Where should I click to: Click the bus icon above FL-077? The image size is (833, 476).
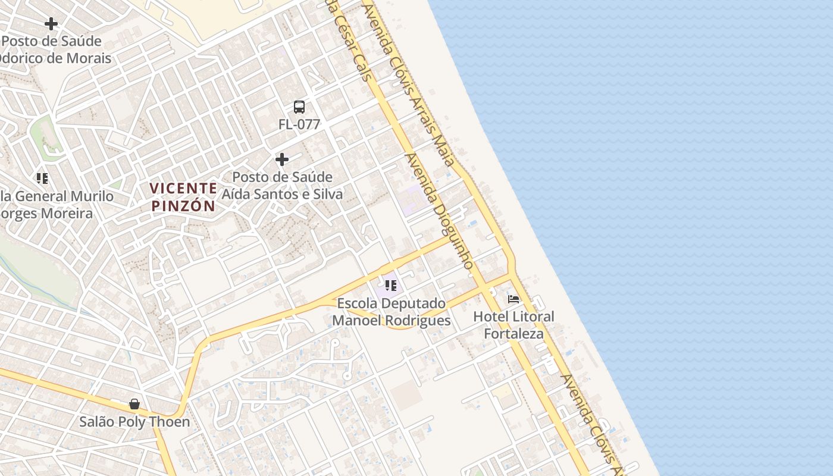pos(299,107)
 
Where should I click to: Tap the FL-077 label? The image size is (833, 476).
pos(299,124)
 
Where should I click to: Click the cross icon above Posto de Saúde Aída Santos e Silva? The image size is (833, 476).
pos(282,159)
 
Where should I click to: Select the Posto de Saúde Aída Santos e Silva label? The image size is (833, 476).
pos(282,186)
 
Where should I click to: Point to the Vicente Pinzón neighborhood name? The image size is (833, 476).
pos(183,197)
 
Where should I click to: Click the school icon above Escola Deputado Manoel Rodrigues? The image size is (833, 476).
pos(390,286)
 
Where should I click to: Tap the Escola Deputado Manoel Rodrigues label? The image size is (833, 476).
pos(391,312)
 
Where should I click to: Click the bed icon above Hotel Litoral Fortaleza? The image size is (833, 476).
pos(513,299)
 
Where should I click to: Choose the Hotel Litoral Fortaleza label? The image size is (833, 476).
pos(513,325)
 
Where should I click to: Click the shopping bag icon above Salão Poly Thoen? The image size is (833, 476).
pos(134,405)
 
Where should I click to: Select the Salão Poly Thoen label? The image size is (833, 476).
pos(134,422)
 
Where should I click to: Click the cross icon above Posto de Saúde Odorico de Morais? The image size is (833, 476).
pos(51,24)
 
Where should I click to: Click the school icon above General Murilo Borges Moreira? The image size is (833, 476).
pos(42,178)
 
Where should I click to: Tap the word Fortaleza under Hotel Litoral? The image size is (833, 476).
pos(513,334)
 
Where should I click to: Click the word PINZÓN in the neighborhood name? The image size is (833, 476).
pos(183,206)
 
